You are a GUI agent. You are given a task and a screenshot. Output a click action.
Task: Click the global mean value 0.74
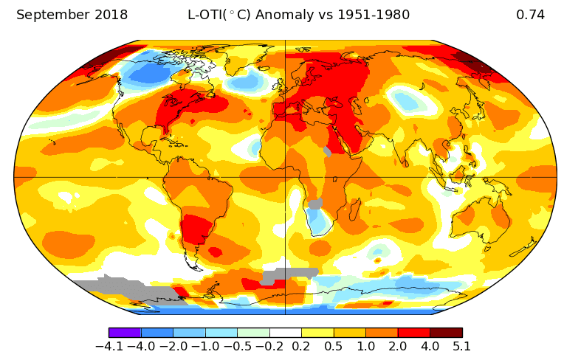[530, 15]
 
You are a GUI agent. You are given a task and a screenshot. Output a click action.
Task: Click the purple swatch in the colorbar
[125, 333]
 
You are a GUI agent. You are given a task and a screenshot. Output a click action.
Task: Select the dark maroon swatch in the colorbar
[446, 333]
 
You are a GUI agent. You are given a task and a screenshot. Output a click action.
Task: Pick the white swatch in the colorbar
[285, 333]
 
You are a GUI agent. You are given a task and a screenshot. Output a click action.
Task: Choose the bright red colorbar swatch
[413, 333]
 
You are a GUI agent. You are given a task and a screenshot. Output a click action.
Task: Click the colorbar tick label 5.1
[461, 346]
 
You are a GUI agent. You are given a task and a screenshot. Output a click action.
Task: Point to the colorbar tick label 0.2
[301, 346]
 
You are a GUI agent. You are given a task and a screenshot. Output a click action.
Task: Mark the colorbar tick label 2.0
[397, 346]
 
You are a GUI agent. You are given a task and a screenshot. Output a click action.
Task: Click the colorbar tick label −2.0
[173, 346]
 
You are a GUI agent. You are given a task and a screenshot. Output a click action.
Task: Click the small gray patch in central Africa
[315, 204]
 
